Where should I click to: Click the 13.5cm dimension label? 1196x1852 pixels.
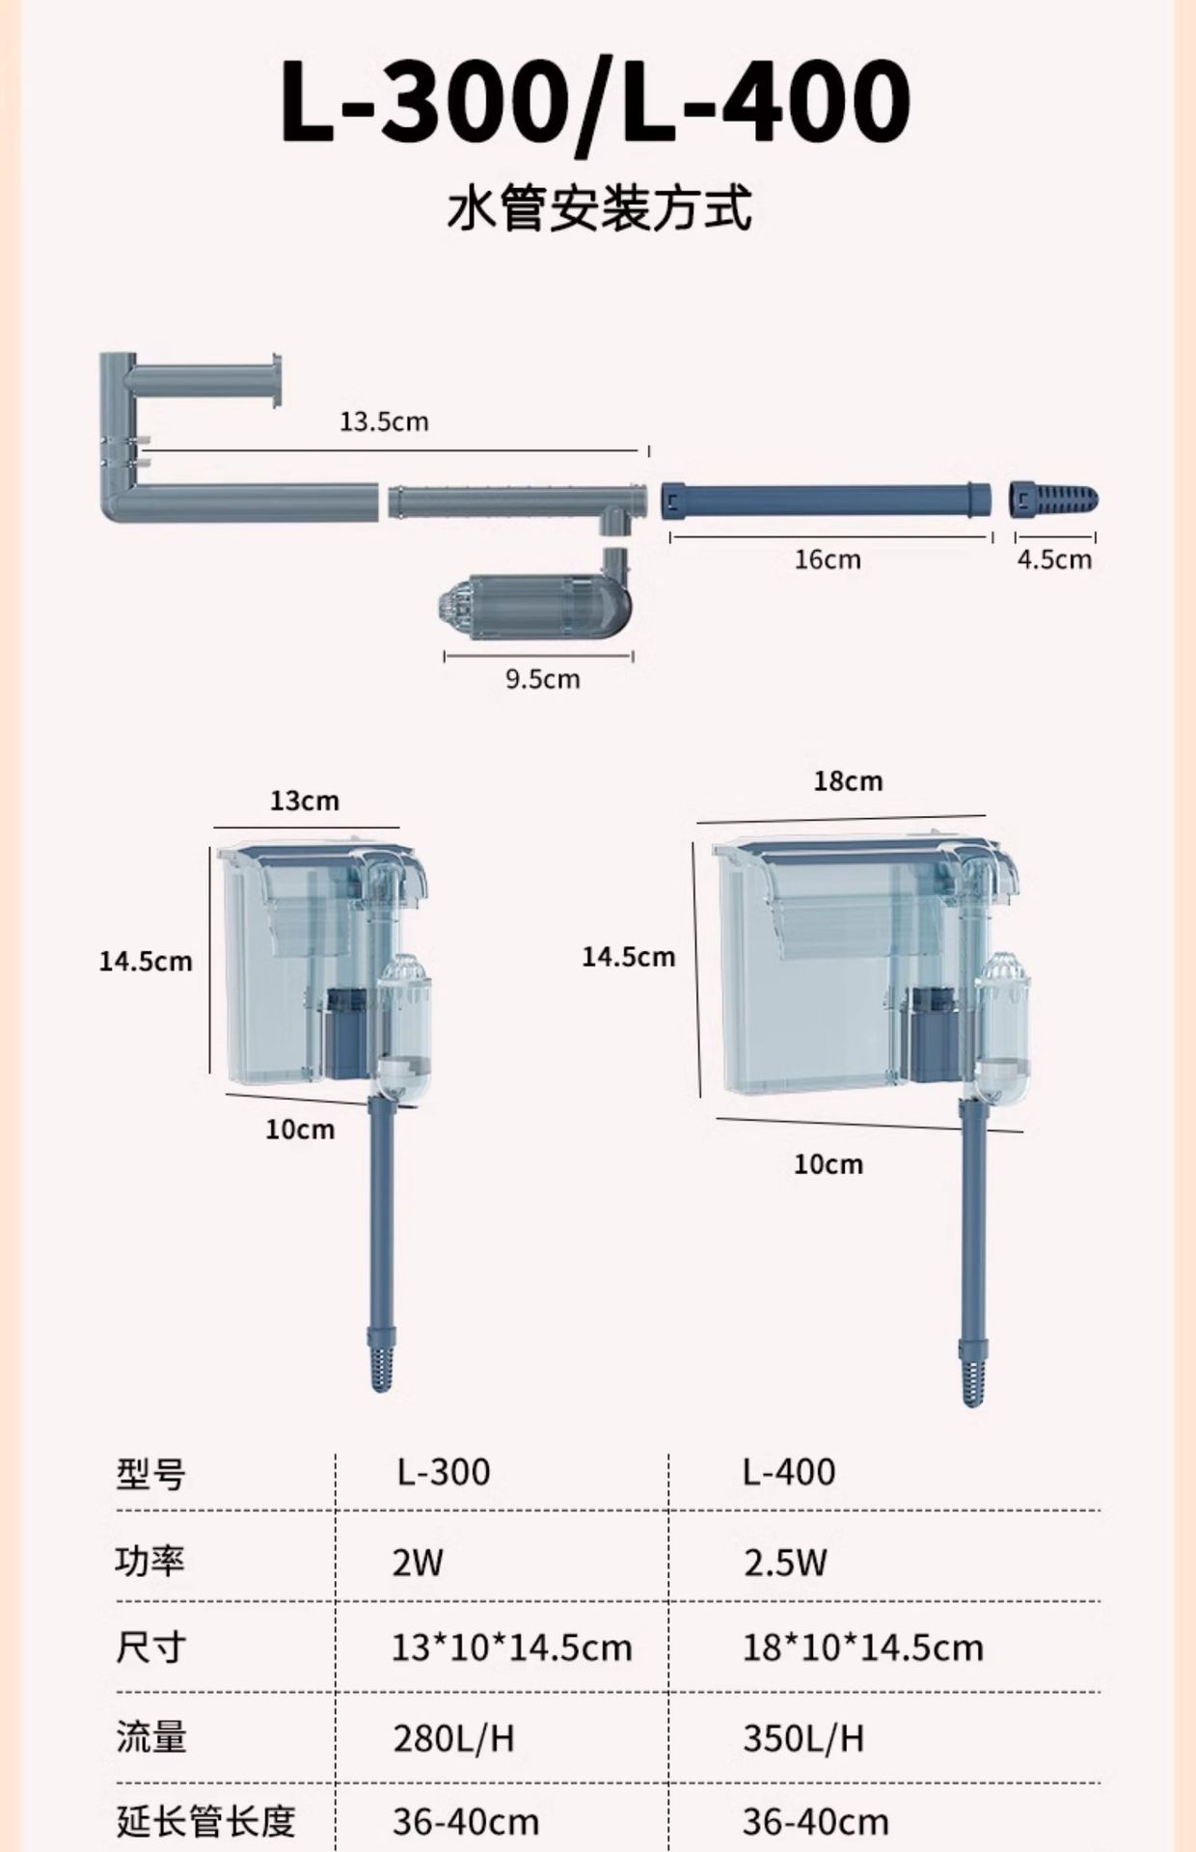coord(384,422)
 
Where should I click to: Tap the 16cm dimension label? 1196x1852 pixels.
coord(828,559)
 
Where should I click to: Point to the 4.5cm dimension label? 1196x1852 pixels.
coord(1055,559)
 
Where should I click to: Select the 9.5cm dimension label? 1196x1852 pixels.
coord(543,679)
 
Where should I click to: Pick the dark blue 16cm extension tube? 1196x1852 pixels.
coord(827,500)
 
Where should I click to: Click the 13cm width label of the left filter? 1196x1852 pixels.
coord(305,801)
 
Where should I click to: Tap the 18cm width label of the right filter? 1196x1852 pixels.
coord(848,780)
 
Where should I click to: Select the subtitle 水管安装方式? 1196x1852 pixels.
coord(599,208)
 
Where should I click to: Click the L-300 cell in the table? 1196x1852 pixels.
coord(444,1472)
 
